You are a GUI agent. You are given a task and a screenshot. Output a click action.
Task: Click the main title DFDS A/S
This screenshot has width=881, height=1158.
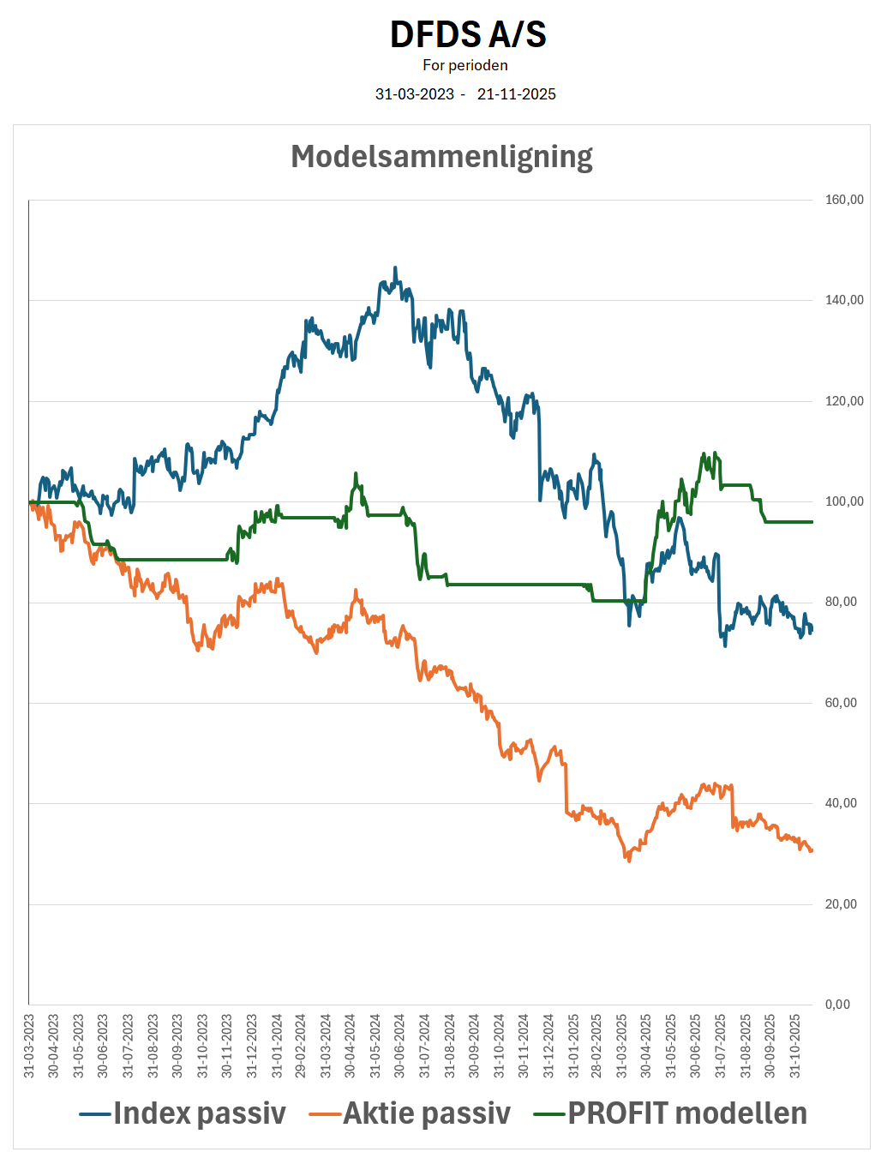coord(467,34)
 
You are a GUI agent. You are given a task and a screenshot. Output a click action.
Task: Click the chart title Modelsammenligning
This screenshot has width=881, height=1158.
coord(441,157)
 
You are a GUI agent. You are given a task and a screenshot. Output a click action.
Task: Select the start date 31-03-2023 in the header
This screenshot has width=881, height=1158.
coord(415,94)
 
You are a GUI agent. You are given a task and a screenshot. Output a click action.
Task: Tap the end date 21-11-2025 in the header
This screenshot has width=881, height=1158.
coord(517,94)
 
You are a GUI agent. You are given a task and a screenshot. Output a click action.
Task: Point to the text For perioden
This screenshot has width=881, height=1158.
coord(465,65)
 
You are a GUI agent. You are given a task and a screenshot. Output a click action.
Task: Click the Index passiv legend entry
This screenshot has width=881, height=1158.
coord(183,1113)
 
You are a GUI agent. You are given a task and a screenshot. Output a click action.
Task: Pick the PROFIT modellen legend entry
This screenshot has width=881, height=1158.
coord(670,1113)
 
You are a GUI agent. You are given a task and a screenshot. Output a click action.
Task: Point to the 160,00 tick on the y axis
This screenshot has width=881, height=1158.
coord(844,200)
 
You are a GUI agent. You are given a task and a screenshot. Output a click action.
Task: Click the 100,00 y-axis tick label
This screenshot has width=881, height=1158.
coord(844,501)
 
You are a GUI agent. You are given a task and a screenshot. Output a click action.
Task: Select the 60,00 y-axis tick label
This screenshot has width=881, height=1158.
coord(841,703)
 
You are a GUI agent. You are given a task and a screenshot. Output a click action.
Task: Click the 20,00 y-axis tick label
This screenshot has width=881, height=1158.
coord(841,904)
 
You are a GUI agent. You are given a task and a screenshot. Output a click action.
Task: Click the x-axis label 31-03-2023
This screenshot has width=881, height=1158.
coord(29,1046)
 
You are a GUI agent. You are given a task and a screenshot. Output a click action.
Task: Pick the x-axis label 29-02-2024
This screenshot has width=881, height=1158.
coord(301,1046)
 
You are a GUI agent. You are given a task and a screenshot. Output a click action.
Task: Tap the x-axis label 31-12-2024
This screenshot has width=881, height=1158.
coord(548,1046)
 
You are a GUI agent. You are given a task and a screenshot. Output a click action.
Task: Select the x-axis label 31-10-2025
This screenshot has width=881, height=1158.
coord(794,1046)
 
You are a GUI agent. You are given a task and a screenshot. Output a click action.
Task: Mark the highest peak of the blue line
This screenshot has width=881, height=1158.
coord(395,267)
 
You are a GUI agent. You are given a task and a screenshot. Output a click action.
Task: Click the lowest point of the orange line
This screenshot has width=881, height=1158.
coord(628,860)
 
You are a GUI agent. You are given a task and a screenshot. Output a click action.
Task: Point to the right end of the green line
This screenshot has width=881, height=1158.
coord(812,522)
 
